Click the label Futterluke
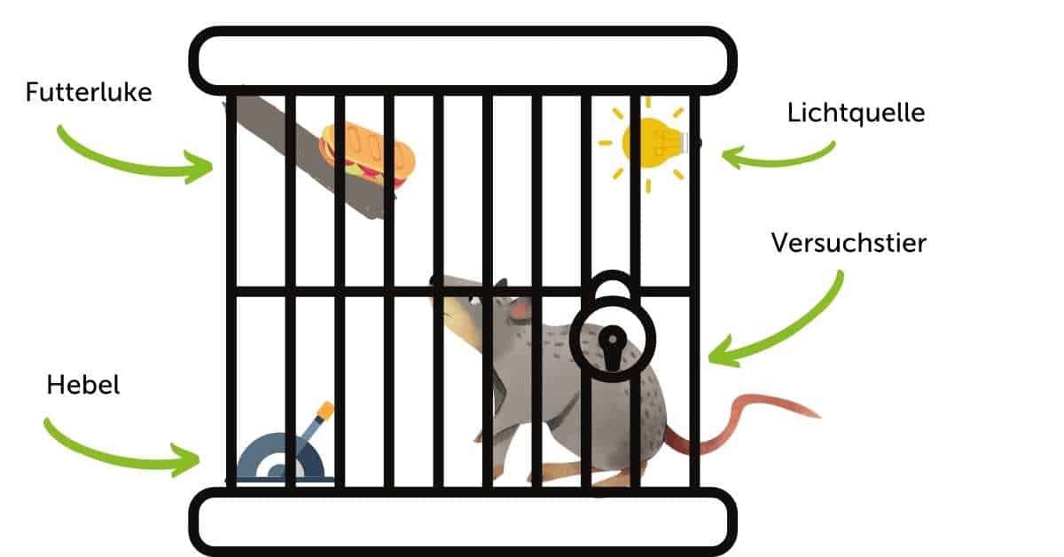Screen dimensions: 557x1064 coord(89,92)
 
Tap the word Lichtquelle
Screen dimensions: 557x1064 coord(856,114)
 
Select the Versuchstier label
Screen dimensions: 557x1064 coord(849,242)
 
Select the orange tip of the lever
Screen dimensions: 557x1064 coord(325,410)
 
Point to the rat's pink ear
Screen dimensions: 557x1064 coord(520,310)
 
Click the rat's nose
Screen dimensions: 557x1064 coord(435,281)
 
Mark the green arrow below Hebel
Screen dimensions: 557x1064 coord(120,448)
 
